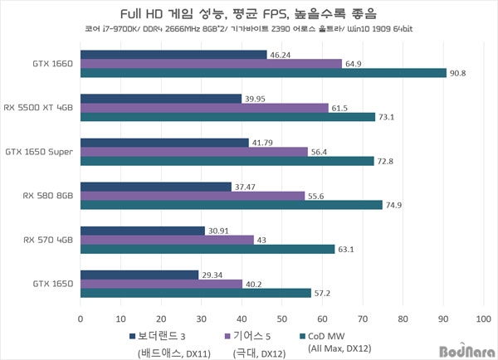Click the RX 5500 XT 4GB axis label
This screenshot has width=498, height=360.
pos(39,107)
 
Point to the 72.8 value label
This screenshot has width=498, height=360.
pos(388,161)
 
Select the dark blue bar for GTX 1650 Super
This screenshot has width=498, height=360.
pos(164,143)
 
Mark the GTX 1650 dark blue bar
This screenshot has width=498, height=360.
pos(139,275)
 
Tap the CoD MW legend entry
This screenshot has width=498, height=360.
pos(336,335)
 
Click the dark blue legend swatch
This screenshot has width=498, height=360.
pos(132,336)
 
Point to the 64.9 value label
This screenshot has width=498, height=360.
pos(355,64)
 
